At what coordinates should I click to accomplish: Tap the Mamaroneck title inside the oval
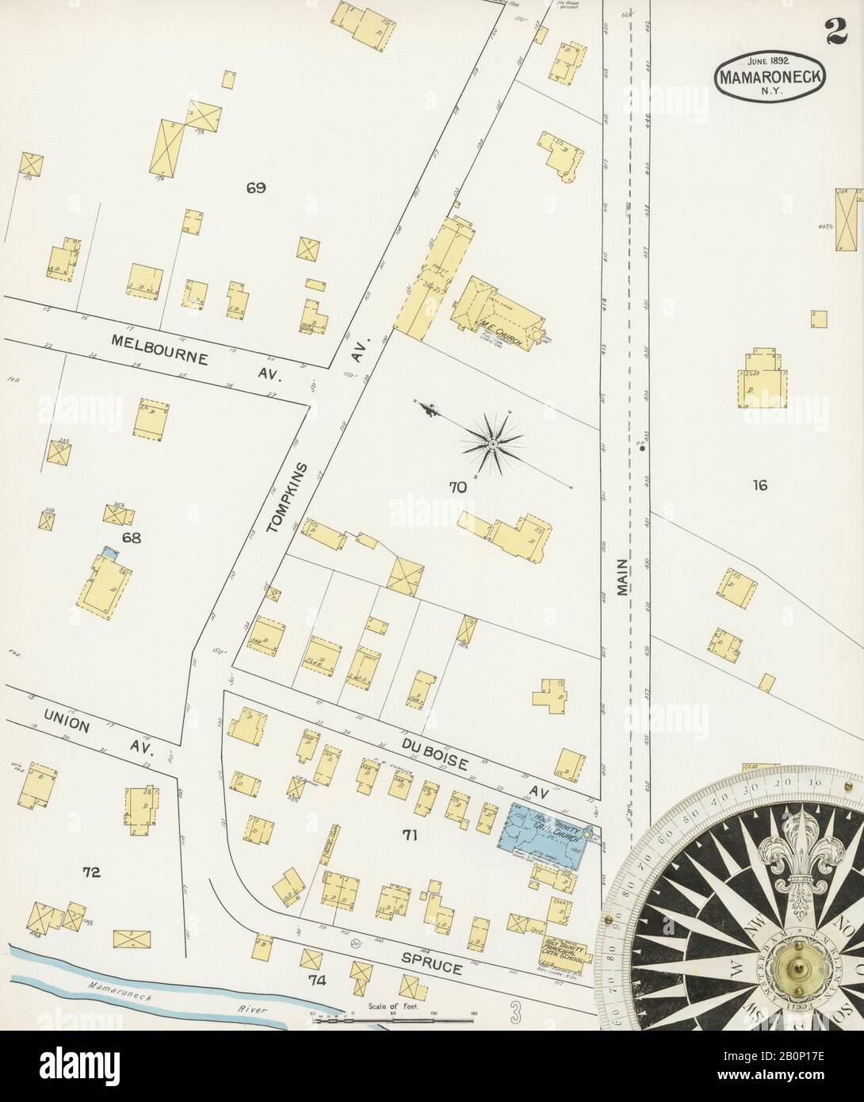(769, 78)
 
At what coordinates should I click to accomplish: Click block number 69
(255, 189)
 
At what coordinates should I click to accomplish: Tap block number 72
(92, 873)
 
